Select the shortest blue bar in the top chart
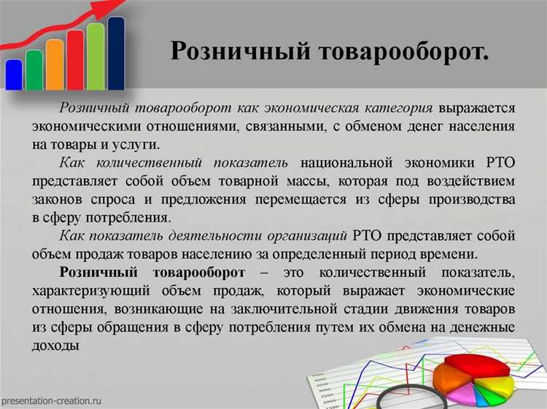click(14, 74)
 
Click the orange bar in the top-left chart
click(55, 63)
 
